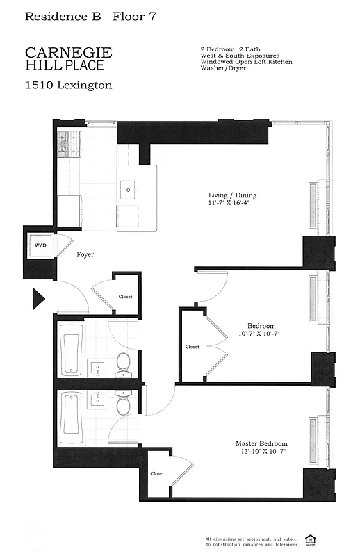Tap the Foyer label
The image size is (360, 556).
[x=85, y=255]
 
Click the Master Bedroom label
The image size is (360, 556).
[x=261, y=444]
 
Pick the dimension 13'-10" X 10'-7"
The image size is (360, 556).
[x=261, y=452]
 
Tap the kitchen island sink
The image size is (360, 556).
[x=128, y=188]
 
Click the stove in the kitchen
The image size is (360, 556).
[x=69, y=145]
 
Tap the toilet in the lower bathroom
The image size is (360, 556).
[x=123, y=405]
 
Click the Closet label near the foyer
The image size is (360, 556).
[x=125, y=297]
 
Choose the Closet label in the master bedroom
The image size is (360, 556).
[x=158, y=473]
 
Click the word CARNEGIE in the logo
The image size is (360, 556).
[x=68, y=53]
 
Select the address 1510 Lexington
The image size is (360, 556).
[x=68, y=85]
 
